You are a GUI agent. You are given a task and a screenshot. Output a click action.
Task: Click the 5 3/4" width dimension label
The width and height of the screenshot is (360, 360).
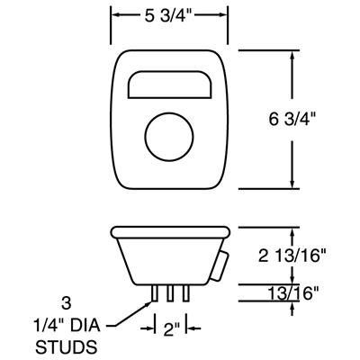point(168,15)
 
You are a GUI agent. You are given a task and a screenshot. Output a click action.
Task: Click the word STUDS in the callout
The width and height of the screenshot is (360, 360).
point(64,345)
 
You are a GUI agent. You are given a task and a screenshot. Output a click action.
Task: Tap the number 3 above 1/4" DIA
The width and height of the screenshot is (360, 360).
point(64,303)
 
